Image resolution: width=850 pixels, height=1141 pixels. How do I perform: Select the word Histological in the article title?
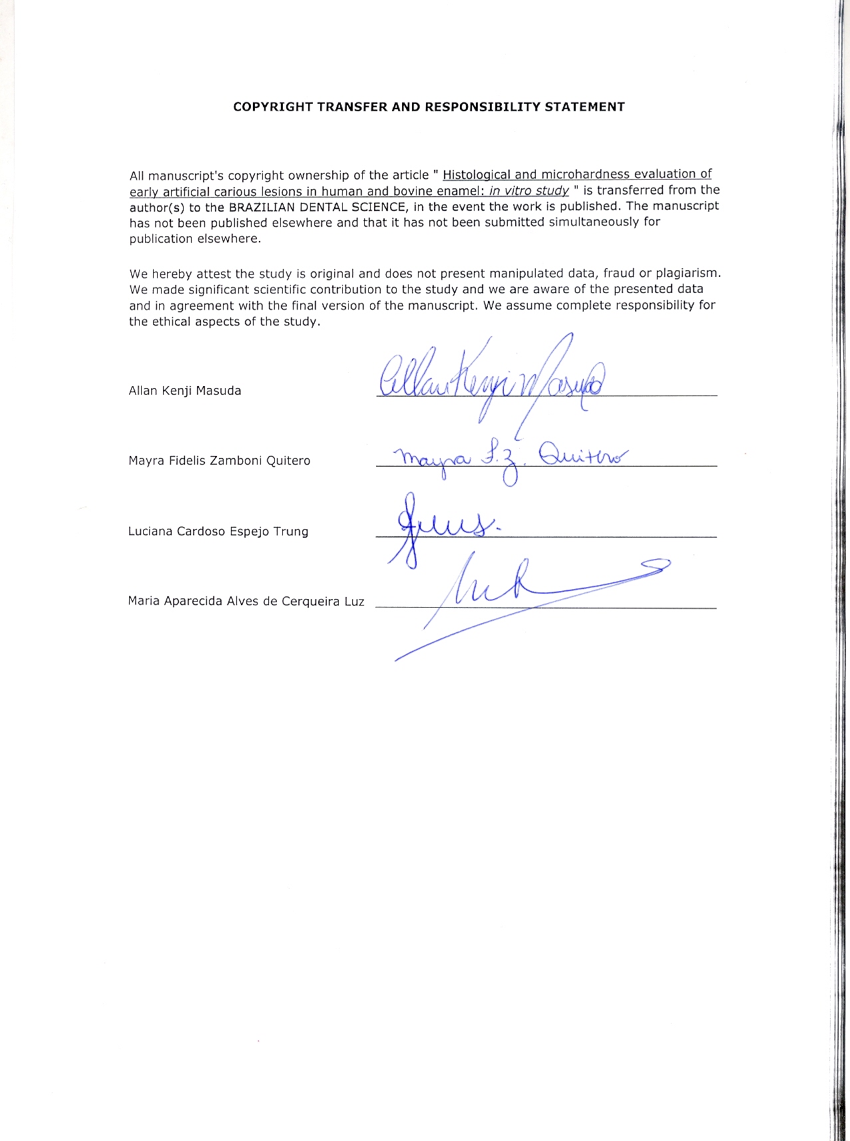(x=477, y=175)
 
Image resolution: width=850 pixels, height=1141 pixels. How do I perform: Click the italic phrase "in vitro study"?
(x=529, y=191)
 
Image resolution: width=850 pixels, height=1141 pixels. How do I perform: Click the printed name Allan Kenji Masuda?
(x=184, y=391)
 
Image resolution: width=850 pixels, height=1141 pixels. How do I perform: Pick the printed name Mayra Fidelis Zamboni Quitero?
(x=219, y=461)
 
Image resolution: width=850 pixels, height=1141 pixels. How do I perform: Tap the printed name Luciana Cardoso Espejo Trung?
(x=218, y=531)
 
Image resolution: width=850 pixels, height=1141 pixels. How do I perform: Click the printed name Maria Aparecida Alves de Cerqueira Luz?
(x=246, y=602)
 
